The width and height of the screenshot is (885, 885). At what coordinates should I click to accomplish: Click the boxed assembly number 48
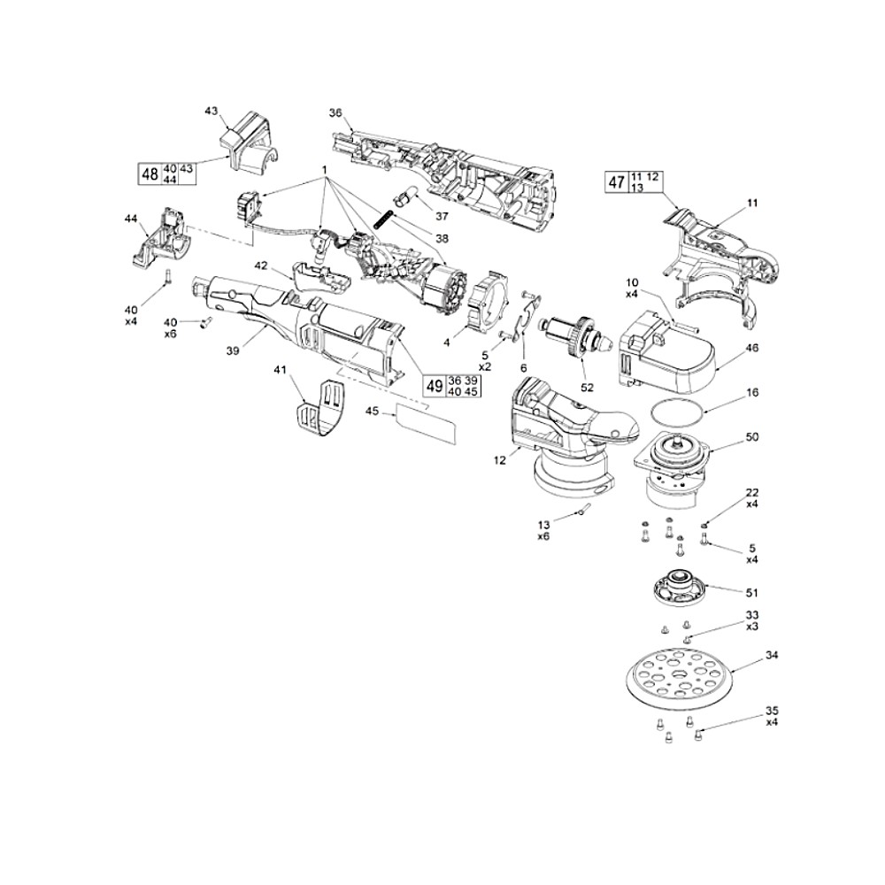tap(150, 174)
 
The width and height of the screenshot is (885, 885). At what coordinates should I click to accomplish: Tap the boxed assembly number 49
tap(434, 386)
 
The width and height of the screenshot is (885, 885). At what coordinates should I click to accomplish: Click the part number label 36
tap(335, 112)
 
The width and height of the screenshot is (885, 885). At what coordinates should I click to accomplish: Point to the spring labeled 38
tap(387, 219)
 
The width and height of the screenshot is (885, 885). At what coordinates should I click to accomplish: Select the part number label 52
tap(587, 387)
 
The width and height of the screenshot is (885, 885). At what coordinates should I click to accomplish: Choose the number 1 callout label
tap(325, 168)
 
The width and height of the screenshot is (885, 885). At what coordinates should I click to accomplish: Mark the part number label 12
tap(501, 459)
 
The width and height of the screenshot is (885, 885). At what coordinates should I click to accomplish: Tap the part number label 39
tap(233, 351)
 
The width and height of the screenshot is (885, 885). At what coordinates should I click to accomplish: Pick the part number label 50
tap(752, 437)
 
